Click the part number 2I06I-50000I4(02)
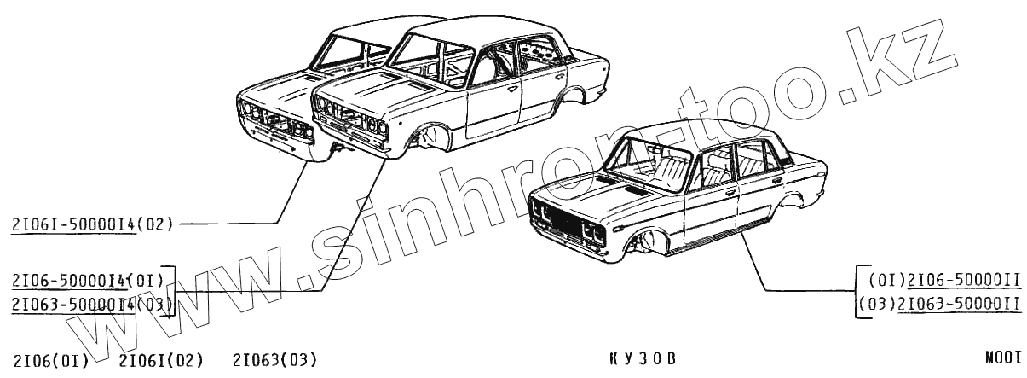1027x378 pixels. [92, 225]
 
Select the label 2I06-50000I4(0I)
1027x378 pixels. [90, 280]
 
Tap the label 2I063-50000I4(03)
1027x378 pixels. [92, 304]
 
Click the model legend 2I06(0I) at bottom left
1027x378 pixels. [51, 360]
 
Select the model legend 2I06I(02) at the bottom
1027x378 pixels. [160, 360]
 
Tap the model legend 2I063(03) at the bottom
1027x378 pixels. [274, 360]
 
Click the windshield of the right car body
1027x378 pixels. [648, 162]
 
